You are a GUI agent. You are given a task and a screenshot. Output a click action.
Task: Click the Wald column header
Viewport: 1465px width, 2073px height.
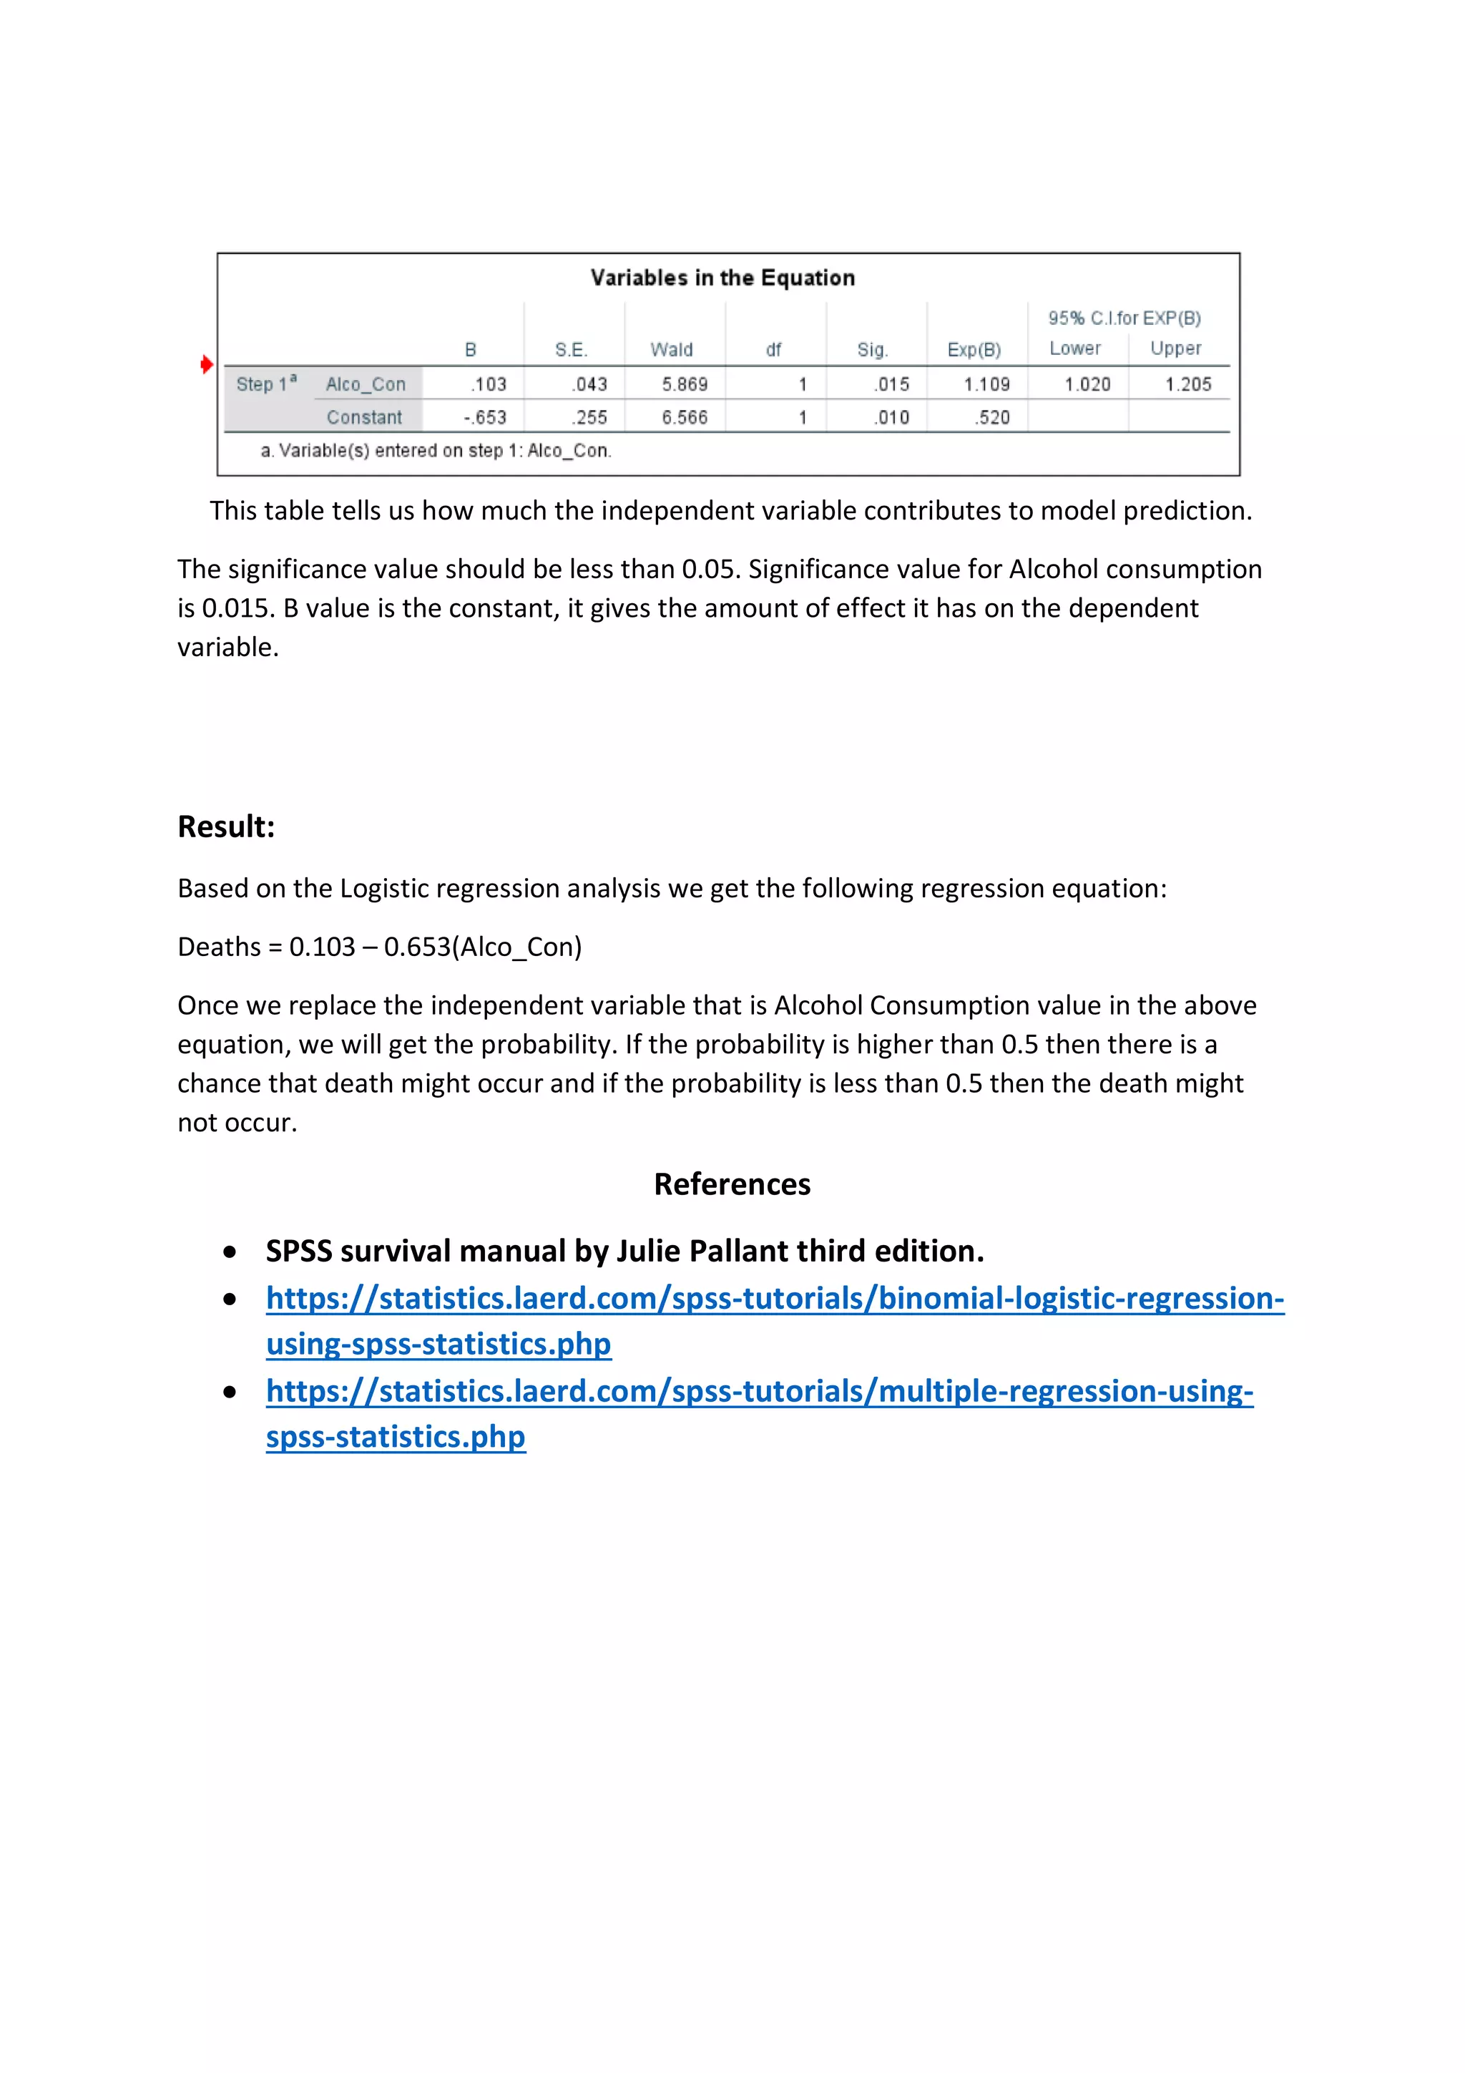(672, 349)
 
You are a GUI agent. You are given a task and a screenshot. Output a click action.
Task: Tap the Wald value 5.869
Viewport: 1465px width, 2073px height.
(684, 384)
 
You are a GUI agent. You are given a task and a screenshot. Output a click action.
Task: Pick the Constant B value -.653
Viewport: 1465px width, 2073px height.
(485, 417)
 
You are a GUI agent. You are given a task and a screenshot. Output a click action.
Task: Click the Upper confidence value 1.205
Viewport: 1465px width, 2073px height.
(1188, 384)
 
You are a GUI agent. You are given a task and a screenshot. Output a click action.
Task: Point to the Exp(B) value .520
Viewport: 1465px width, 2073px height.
(992, 417)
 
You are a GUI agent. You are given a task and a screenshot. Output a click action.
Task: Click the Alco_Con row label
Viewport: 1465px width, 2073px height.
(366, 384)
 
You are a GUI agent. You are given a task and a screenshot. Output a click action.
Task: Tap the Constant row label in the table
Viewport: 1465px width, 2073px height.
(364, 417)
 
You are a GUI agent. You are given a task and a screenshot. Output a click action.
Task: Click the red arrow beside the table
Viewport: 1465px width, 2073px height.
(207, 365)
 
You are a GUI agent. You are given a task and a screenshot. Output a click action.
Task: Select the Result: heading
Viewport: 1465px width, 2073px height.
(225, 826)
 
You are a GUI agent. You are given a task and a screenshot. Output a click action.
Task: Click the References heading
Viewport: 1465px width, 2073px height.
(732, 1184)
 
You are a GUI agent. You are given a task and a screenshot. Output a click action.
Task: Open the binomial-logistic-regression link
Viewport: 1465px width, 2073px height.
(775, 1298)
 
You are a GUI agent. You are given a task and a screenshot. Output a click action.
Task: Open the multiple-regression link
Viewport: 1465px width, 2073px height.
(759, 1391)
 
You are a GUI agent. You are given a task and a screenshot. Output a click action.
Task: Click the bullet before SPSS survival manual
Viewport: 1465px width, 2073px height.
(231, 1252)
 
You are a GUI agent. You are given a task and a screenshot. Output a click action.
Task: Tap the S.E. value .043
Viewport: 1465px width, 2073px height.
(589, 384)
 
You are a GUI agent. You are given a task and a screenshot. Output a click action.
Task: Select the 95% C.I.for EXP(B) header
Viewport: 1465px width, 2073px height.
(1124, 318)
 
